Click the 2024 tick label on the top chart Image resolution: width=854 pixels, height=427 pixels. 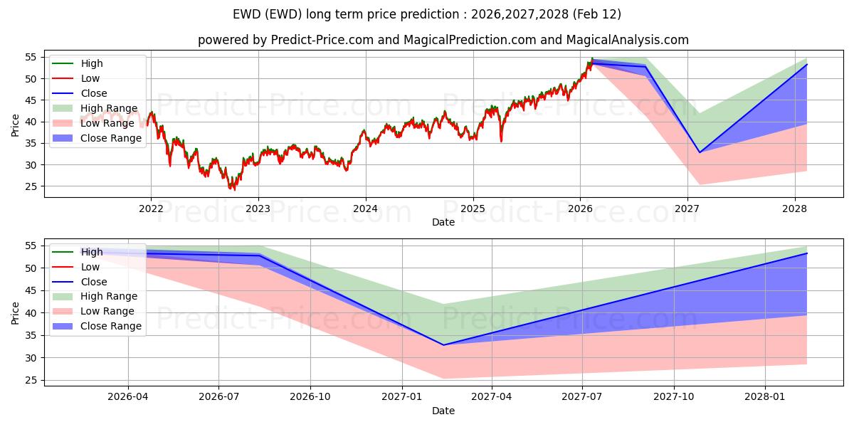click(x=365, y=209)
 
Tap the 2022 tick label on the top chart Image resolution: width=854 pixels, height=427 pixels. click(x=150, y=209)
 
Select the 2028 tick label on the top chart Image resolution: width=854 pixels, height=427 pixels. click(x=795, y=209)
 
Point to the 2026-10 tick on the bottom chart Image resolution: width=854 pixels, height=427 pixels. click(x=311, y=397)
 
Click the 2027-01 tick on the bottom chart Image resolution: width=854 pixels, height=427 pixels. click(x=403, y=397)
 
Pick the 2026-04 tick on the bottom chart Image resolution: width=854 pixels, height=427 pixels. click(x=128, y=397)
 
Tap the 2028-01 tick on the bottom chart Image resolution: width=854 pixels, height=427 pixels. click(x=766, y=397)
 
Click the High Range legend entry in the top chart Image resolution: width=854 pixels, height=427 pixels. click(x=109, y=108)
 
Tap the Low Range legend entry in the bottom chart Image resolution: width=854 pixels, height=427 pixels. click(x=107, y=311)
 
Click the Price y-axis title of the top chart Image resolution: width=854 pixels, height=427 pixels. click(x=16, y=125)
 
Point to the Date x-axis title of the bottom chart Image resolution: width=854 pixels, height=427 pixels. click(x=443, y=411)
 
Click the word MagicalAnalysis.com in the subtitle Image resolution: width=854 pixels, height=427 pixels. click(x=627, y=40)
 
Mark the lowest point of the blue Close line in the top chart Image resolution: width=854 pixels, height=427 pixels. click(x=700, y=152)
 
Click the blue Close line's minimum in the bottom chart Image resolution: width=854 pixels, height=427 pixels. click(x=443, y=345)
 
